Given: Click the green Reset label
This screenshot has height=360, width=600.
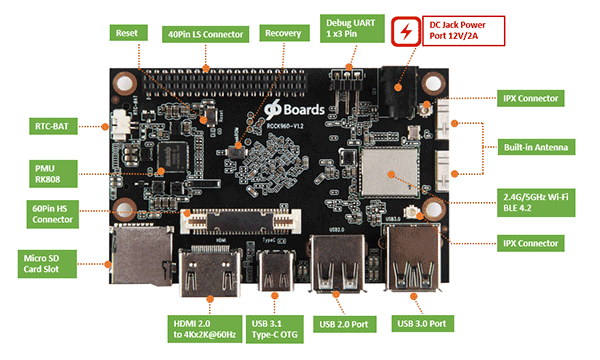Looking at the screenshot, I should tap(127, 33).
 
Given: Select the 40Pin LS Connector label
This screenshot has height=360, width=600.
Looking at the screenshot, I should tap(203, 33).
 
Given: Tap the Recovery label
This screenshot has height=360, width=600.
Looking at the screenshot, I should tap(283, 33).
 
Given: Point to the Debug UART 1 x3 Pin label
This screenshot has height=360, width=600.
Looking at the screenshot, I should tap(351, 28).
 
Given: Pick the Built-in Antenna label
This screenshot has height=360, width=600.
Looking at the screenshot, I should tap(538, 147).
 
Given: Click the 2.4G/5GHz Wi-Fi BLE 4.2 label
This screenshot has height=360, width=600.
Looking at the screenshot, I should tap(538, 198).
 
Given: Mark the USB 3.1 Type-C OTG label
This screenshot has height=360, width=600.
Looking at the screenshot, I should tap(273, 329).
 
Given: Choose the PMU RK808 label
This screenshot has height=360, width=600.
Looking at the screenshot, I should tap(44, 171).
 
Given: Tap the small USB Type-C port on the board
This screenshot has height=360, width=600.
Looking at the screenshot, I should tap(273, 268).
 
